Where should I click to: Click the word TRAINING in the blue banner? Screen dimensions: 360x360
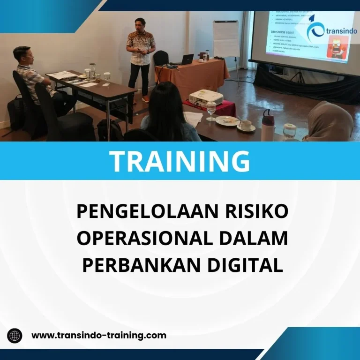coord(180,160)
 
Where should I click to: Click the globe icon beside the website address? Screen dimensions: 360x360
coord(15,336)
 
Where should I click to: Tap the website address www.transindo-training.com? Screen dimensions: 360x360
coord(99,335)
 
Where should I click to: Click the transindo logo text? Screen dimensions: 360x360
coord(335,34)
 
